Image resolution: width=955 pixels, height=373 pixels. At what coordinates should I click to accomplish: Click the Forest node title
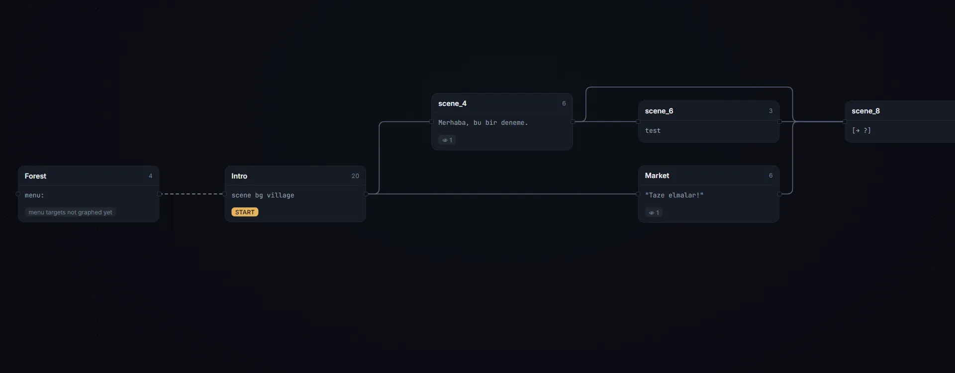35,176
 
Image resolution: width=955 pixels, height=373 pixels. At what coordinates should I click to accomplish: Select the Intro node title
239,176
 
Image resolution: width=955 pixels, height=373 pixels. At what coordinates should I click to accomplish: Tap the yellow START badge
245,212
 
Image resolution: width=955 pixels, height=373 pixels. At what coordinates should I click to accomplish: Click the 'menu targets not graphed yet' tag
70,212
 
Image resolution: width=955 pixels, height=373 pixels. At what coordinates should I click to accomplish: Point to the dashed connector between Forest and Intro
192,194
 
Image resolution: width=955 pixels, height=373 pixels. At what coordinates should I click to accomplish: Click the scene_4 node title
452,103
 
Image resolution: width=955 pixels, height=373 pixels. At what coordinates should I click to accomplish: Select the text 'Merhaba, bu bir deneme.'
483,123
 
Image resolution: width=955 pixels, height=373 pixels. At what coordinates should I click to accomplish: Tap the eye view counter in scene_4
447,140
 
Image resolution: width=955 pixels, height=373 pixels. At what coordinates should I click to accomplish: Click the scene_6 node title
659,111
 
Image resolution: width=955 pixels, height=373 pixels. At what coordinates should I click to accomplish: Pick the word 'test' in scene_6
653,131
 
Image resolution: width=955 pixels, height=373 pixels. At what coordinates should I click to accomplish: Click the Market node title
657,176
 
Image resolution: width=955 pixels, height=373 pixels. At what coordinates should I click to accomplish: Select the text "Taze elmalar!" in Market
674,195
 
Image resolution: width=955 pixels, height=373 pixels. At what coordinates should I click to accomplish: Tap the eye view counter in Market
654,213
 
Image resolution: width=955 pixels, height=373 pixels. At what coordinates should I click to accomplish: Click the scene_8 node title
865,111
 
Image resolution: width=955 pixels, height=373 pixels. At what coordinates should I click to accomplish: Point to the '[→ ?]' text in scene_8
861,131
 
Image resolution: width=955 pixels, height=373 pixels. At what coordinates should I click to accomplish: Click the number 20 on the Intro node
355,176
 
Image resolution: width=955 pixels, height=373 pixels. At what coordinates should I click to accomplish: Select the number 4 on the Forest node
151,176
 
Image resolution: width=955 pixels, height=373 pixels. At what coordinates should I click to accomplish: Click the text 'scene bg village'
263,195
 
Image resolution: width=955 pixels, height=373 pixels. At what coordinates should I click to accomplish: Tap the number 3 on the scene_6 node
771,111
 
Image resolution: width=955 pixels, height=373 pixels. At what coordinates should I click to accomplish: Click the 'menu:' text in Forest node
34,195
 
